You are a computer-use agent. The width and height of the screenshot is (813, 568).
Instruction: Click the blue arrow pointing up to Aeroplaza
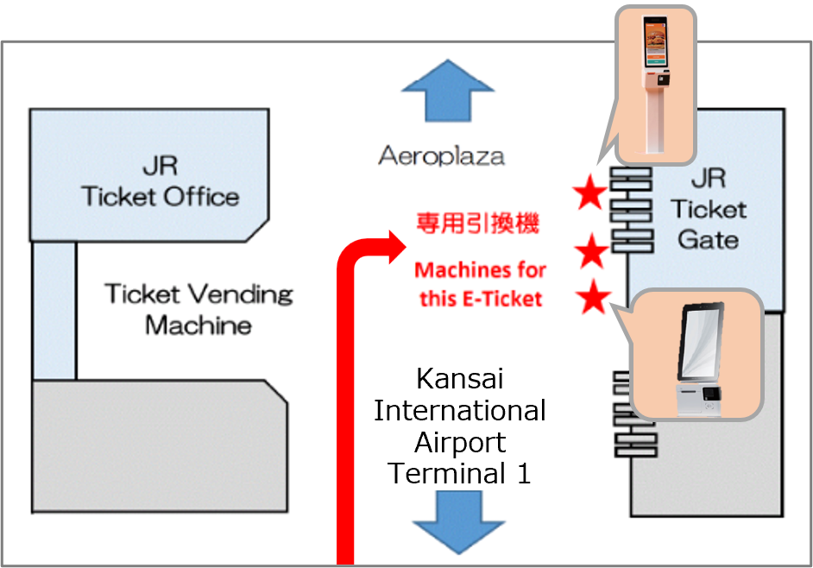click(x=446, y=92)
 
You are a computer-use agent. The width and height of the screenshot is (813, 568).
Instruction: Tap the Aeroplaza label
click(x=441, y=156)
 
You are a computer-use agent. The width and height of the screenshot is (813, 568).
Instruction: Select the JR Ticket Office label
click(x=160, y=180)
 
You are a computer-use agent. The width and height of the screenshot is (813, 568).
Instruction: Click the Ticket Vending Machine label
click(x=199, y=309)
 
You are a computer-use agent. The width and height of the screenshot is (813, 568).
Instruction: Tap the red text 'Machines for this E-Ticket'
click(x=480, y=285)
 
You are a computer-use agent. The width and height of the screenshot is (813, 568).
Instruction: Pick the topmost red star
click(x=591, y=195)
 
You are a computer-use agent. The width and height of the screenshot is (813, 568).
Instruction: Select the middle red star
click(x=592, y=252)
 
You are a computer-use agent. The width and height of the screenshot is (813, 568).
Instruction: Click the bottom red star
click(x=593, y=299)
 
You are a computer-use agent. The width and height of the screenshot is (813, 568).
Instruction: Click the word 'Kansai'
click(x=459, y=378)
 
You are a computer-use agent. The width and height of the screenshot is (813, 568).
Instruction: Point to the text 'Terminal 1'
click(x=459, y=473)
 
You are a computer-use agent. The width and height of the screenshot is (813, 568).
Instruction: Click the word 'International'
click(x=459, y=410)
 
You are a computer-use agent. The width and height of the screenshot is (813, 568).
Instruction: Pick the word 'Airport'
click(x=459, y=442)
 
